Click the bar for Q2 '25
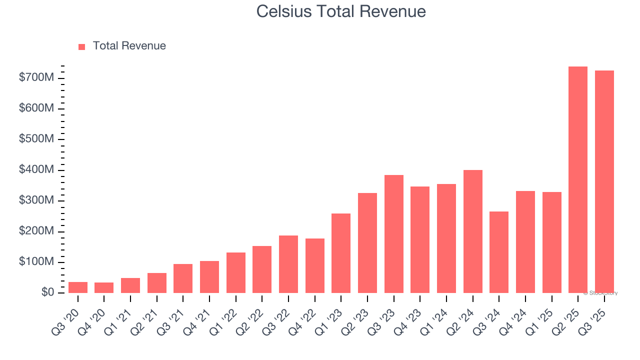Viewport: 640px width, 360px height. tap(578, 180)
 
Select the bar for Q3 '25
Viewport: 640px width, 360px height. tap(604, 182)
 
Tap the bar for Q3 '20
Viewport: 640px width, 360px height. tap(78, 287)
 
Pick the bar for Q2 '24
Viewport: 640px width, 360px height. tap(473, 231)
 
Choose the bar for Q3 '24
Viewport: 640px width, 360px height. tap(499, 252)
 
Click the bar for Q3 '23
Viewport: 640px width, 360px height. tap(394, 234)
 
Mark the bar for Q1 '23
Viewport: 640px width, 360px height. tap(341, 253)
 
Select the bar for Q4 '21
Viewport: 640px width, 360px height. tap(209, 277)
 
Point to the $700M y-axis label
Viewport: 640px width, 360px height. tap(36, 78)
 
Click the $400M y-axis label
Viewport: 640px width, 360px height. tap(36, 170)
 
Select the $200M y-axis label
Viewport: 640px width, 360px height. tap(36, 231)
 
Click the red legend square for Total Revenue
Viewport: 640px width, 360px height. tap(82, 46)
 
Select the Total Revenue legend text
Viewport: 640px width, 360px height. tap(129, 46)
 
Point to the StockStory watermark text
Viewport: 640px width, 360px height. tap(601, 293)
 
